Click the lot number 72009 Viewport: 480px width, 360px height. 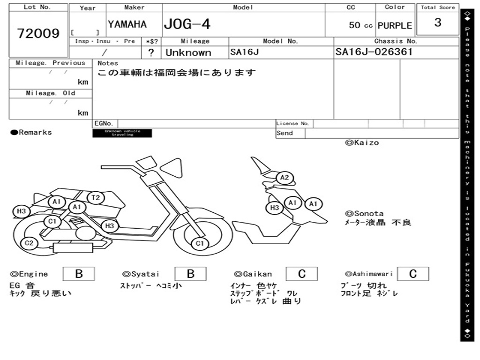click(x=38, y=34)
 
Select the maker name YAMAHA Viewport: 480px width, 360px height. click(x=127, y=24)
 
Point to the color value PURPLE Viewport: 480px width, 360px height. click(x=395, y=25)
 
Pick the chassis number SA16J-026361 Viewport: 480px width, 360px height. click(x=374, y=52)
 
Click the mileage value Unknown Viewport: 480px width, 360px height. click(x=188, y=52)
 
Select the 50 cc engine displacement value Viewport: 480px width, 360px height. click(x=360, y=25)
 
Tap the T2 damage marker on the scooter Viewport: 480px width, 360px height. click(x=96, y=198)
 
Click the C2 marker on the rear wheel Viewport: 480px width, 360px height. click(x=29, y=243)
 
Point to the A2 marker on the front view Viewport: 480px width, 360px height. click(x=285, y=178)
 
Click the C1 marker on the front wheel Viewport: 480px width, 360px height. click(x=200, y=243)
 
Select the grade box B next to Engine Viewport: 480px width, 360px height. click(x=79, y=274)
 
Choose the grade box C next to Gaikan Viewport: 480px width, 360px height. click(x=301, y=274)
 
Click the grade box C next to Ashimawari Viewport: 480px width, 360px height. click(x=412, y=274)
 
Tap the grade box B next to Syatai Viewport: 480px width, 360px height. click(x=190, y=274)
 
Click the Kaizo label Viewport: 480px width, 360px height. click(x=362, y=142)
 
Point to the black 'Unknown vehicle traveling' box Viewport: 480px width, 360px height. click(x=122, y=133)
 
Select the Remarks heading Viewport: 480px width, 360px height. click(x=31, y=133)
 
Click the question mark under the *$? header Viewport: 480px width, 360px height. click(x=151, y=52)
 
